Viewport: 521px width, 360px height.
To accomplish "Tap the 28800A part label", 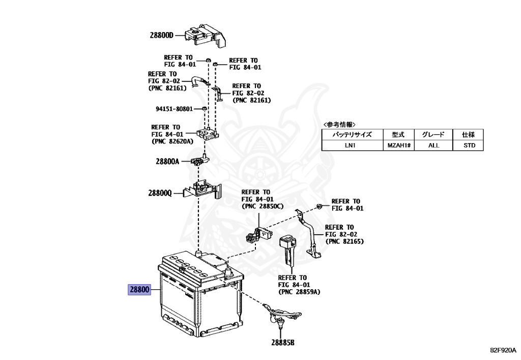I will (167, 161).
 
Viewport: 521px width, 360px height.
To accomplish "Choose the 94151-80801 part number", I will (173, 109).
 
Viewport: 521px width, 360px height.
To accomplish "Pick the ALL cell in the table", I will (433, 145).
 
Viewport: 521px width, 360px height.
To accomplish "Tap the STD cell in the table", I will (469, 145).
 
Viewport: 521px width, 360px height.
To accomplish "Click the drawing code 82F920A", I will (503, 350).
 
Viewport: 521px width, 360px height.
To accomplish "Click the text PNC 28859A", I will (299, 292).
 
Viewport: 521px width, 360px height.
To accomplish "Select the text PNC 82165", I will (346, 240).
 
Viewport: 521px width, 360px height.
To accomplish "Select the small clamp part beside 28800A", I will (198, 161).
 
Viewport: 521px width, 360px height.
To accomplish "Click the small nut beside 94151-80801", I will (204, 109).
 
